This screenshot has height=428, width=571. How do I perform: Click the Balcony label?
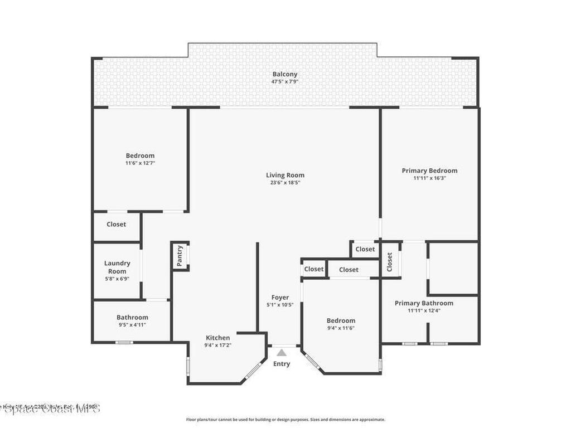click(x=285, y=74)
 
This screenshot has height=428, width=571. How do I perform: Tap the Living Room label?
click(x=285, y=175)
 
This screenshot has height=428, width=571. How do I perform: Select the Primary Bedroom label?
click(x=429, y=171)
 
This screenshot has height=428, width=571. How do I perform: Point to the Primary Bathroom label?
click(x=424, y=303)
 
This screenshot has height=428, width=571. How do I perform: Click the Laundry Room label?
click(x=117, y=267)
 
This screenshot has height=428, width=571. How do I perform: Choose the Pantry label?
click(x=180, y=256)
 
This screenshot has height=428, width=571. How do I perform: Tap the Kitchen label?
click(x=217, y=338)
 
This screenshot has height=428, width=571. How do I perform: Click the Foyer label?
click(x=280, y=298)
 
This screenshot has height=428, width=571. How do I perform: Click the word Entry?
click(x=282, y=364)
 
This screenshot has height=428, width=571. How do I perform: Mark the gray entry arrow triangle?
click(x=282, y=352)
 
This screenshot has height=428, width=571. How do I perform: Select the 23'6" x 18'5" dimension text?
click(x=285, y=183)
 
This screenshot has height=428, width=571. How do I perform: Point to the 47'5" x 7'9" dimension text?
click(x=285, y=81)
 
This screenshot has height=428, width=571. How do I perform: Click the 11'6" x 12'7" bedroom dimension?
click(x=140, y=163)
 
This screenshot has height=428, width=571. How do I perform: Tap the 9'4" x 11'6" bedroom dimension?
click(x=341, y=328)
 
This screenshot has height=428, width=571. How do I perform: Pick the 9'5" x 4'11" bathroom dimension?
click(x=132, y=324)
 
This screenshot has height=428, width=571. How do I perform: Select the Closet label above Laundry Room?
click(x=117, y=224)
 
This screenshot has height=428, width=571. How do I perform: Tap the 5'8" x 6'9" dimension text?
click(x=117, y=279)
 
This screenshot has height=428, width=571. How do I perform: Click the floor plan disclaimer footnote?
click(x=285, y=420)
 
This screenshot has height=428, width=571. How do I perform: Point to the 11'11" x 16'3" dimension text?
click(x=429, y=178)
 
